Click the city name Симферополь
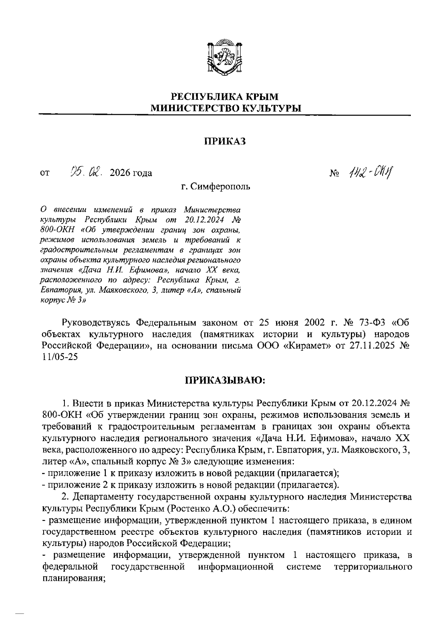[x=221, y=186]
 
